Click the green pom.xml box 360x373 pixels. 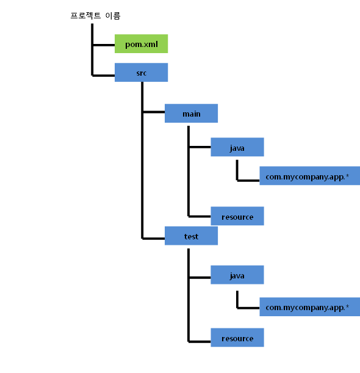click(x=141, y=45)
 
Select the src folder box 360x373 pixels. click(x=141, y=73)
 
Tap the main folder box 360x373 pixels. click(x=191, y=114)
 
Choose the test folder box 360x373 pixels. click(x=191, y=236)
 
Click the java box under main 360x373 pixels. click(x=237, y=148)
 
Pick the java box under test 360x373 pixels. click(x=237, y=276)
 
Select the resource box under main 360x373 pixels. click(x=237, y=216)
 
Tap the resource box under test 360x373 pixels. click(x=237, y=338)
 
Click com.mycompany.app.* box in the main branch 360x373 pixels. click(x=309, y=177)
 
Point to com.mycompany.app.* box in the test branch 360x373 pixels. click(x=309, y=306)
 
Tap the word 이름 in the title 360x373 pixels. click(x=113, y=16)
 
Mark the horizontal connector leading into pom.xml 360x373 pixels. click(x=103, y=45)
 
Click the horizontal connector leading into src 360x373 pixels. click(x=103, y=75)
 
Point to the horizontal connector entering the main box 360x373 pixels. click(x=153, y=112)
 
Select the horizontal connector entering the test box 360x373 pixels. click(x=153, y=237)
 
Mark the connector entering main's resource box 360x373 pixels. click(x=200, y=216)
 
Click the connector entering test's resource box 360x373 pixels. click(x=200, y=341)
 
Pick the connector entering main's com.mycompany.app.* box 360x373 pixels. click(x=248, y=180)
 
